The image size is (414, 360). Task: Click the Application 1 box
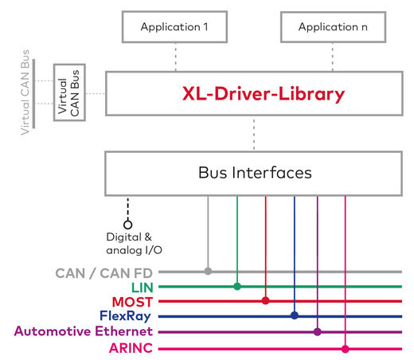(x=174, y=27)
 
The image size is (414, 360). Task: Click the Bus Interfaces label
(x=254, y=172)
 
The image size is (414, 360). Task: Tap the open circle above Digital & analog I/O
(x=127, y=224)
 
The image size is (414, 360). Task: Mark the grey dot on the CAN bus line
(x=209, y=272)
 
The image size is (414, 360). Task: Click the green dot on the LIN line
(x=237, y=286)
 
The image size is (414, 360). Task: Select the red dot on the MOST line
(x=266, y=301)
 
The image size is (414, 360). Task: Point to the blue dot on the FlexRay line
(x=295, y=316)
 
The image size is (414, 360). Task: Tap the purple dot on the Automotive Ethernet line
(x=318, y=331)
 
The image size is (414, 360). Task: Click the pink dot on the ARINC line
(x=346, y=348)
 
